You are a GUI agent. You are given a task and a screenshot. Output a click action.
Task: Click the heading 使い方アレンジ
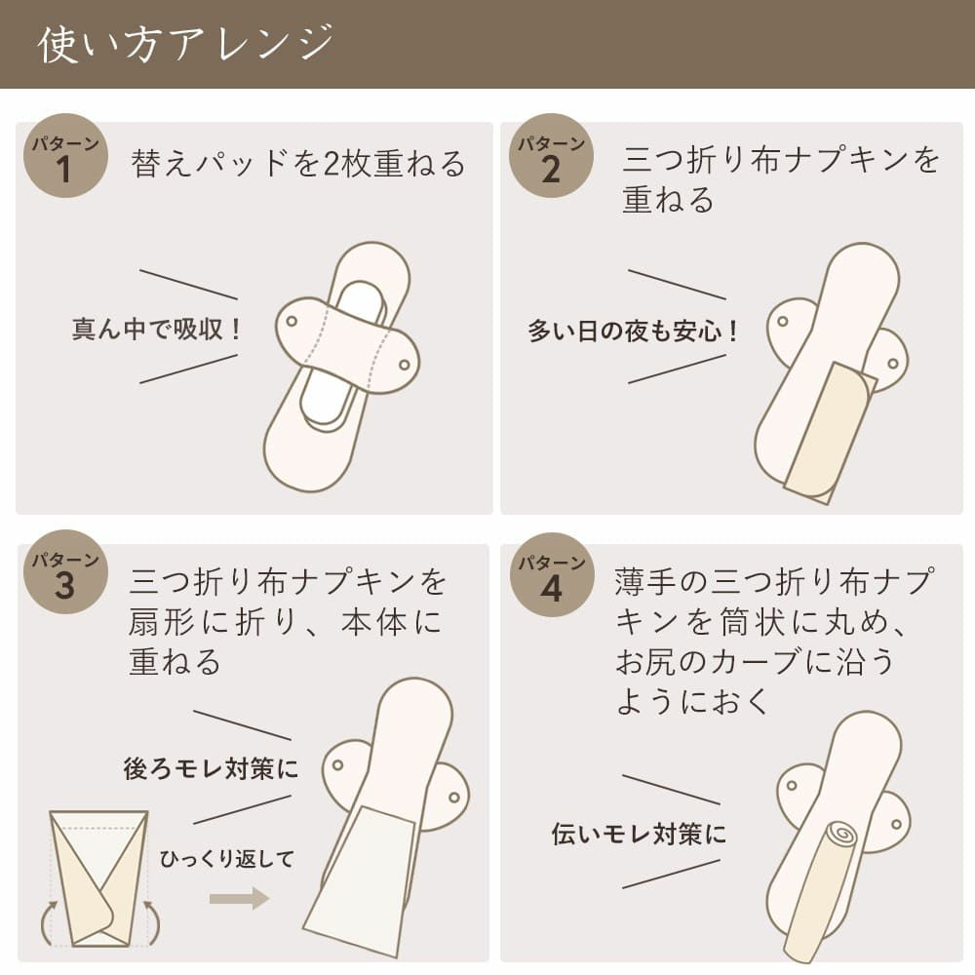[x=185, y=44]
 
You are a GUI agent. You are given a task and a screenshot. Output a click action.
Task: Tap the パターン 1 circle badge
[x=65, y=155]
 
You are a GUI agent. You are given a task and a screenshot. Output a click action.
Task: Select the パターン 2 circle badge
[x=551, y=155]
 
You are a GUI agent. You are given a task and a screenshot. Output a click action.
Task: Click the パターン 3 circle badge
[x=65, y=572]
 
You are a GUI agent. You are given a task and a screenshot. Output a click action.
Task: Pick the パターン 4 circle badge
[x=552, y=574]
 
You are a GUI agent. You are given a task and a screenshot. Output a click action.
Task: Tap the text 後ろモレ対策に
[x=211, y=768]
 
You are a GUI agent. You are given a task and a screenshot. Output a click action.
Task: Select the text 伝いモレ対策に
[x=639, y=834]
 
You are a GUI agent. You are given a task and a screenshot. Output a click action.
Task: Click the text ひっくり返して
[x=227, y=859]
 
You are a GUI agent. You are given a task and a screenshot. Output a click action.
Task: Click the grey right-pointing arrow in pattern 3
[x=239, y=899]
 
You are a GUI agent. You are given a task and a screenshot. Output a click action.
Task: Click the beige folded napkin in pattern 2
[x=830, y=432]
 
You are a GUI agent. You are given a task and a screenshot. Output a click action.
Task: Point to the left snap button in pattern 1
[x=291, y=322]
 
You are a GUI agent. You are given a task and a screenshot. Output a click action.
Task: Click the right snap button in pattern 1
[x=405, y=365]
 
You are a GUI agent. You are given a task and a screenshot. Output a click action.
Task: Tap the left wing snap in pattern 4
[x=792, y=785]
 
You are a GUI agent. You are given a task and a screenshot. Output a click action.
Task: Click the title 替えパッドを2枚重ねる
[x=297, y=164]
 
